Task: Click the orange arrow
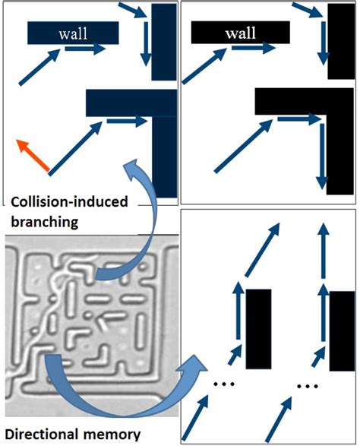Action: tap(33, 155)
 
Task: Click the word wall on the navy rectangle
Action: tap(73, 33)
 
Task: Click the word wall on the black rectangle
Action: tap(241, 33)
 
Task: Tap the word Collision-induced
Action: tap(69, 202)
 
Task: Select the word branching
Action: tap(44, 222)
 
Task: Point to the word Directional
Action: tap(42, 435)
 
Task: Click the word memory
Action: tap(112, 435)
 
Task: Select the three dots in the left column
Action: tap(224, 384)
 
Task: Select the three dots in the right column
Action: tap(308, 386)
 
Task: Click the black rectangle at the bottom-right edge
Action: tap(342, 331)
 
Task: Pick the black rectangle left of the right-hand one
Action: tap(258, 329)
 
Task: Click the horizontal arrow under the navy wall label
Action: tap(85, 49)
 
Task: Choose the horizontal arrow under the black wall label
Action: tap(254, 48)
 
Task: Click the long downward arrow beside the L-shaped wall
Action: tap(322, 157)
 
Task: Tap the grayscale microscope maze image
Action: tap(92, 326)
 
